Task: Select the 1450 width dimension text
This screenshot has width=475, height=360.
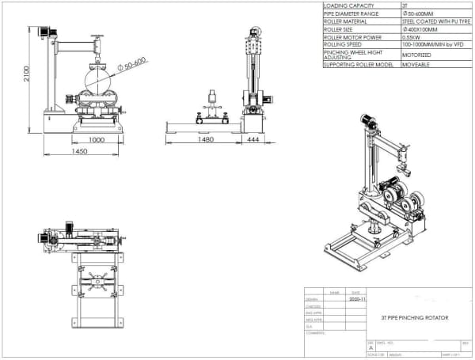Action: pos(79,151)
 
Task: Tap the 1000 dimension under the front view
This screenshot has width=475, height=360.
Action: pos(96,139)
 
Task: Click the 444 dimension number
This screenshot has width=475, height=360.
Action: pos(253,140)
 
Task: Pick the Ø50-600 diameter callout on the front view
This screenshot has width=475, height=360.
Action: pos(133,63)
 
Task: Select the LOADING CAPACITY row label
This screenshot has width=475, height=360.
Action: pos(349,6)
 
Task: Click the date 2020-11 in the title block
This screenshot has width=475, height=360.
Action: pos(358,301)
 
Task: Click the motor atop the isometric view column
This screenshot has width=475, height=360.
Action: pos(367,120)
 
